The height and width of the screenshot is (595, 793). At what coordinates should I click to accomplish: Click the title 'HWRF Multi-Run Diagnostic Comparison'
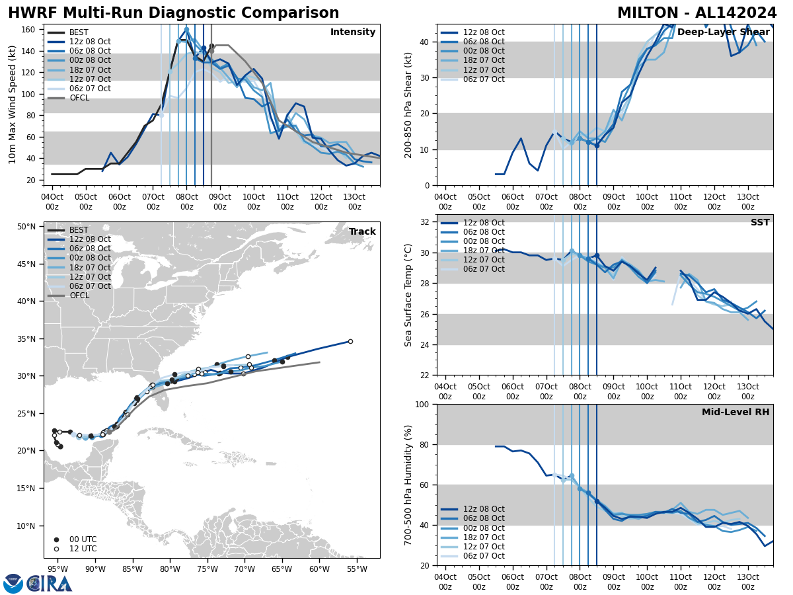173,13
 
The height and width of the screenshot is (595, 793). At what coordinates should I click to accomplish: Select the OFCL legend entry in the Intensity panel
79,98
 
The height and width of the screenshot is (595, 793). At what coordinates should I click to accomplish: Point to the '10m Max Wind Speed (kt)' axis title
13,104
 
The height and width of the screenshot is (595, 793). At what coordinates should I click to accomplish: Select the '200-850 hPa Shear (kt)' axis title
408,104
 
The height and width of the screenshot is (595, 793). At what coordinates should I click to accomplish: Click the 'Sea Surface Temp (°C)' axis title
408,295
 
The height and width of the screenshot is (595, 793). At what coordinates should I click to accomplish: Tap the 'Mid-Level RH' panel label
736,413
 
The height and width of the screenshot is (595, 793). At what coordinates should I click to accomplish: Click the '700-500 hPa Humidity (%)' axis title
408,485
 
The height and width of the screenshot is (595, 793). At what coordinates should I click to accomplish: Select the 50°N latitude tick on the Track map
26,227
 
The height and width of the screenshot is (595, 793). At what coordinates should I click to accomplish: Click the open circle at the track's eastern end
350,341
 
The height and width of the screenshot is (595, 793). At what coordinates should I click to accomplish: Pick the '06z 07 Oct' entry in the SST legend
481,269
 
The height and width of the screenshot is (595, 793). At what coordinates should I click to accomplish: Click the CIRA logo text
50,584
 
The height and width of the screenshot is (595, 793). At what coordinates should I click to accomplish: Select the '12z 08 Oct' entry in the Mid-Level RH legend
481,509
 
